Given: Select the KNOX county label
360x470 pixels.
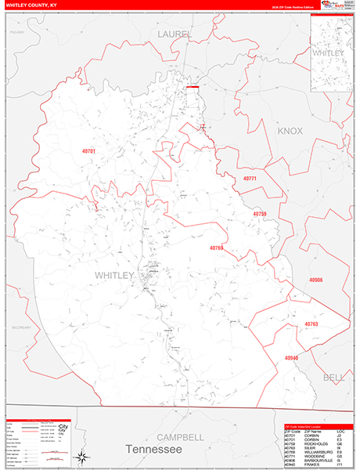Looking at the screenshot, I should pyautogui.click(x=290, y=131).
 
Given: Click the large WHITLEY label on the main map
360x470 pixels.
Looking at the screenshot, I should pyautogui.click(x=115, y=275).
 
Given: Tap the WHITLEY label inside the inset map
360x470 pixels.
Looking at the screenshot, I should pyautogui.click(x=329, y=53).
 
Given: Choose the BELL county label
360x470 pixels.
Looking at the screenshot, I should pyautogui.click(x=333, y=377).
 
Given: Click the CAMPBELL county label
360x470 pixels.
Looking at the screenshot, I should pyautogui.click(x=180, y=436).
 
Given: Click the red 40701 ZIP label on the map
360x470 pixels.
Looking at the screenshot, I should pyautogui.click(x=88, y=150).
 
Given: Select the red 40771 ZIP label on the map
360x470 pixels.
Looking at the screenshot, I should pyautogui.click(x=250, y=179).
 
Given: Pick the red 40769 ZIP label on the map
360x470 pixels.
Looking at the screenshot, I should pyautogui.click(x=216, y=248).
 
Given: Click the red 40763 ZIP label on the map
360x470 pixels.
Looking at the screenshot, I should pyautogui.click(x=311, y=323).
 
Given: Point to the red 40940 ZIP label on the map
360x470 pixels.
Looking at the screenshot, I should pyautogui.click(x=291, y=357).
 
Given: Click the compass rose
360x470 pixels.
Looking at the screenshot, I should pyautogui.click(x=81, y=456).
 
